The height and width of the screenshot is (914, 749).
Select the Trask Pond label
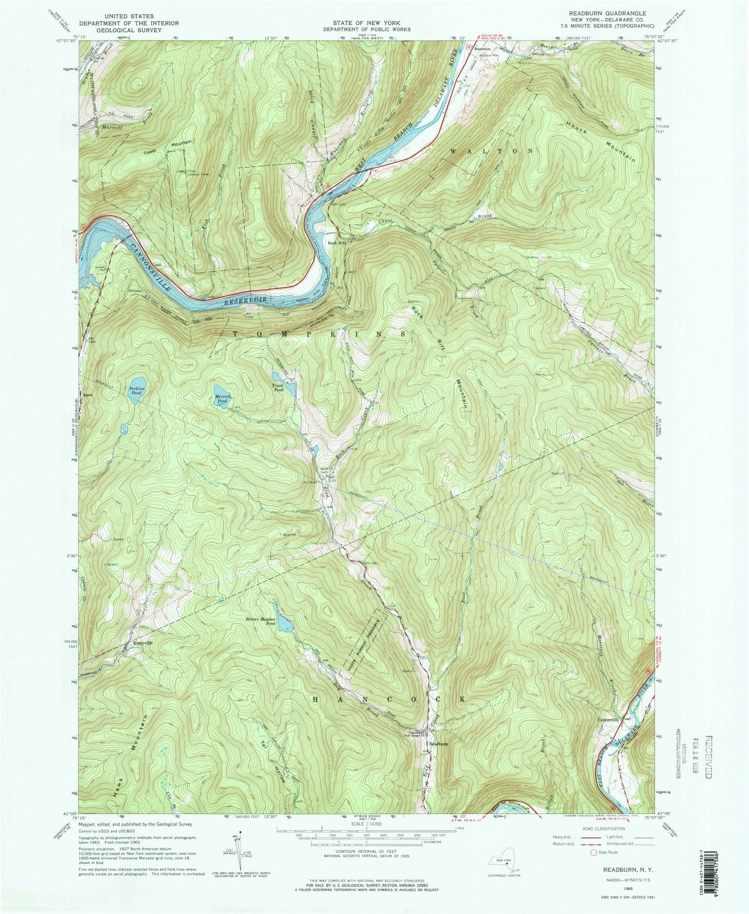tap(278, 388)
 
